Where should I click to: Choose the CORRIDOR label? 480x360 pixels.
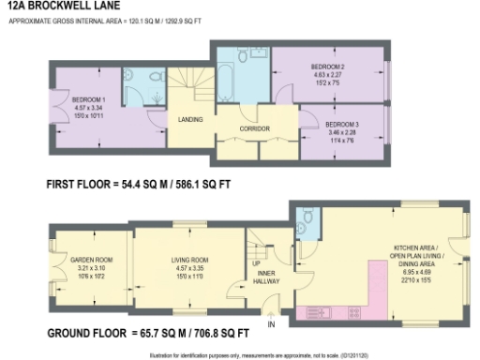(x=254, y=127)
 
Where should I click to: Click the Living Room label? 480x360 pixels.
(x=187, y=258)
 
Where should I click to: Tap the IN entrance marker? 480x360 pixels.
(x=272, y=324)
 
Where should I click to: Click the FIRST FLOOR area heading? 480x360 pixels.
(x=137, y=185)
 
